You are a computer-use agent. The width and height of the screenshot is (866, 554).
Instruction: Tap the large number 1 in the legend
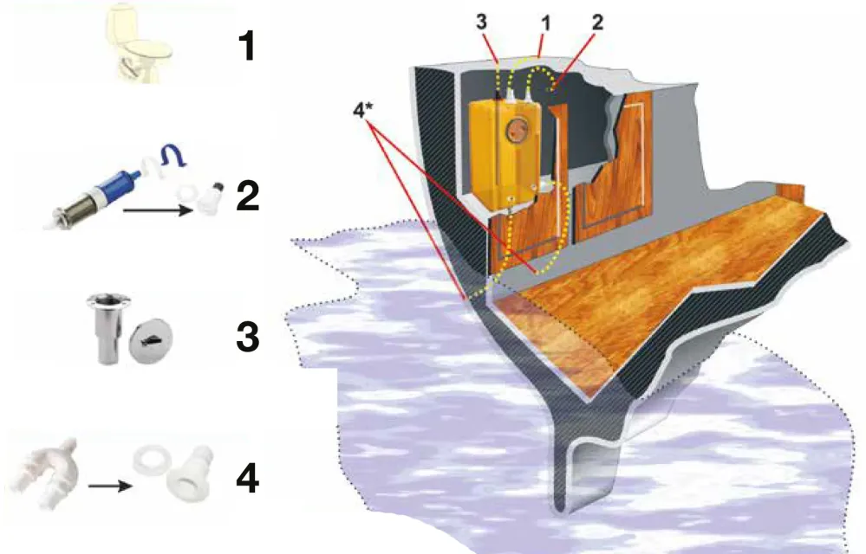247,46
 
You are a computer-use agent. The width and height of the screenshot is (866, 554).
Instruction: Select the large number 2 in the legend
247,196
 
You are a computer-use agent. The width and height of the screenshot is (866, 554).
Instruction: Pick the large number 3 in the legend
248,336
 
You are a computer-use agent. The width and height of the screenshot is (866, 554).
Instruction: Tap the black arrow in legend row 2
158,210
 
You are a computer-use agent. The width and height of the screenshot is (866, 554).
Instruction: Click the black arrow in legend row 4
110,486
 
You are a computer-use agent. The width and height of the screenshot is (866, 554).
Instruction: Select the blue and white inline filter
100,193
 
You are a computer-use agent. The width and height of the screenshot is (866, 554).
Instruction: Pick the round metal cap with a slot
151,339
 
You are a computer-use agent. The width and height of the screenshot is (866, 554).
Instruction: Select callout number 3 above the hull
482,23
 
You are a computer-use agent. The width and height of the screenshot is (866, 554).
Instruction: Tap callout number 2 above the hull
597,23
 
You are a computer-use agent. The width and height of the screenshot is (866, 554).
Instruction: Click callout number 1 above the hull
546,23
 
